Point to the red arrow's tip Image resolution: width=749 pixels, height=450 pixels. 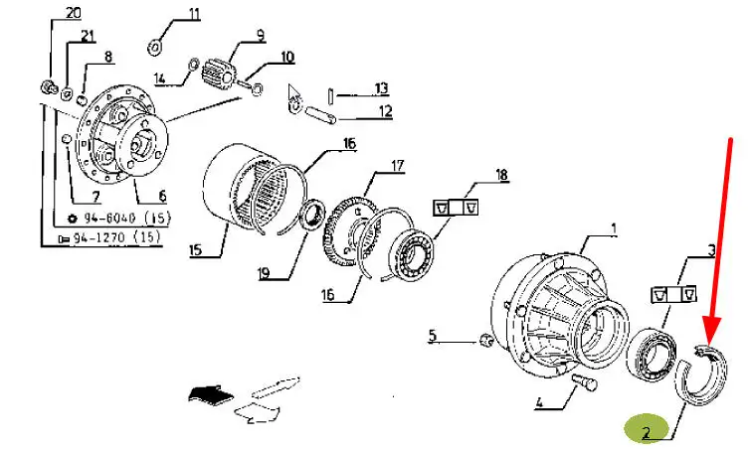[709, 345]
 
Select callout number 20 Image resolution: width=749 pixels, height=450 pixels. [73, 12]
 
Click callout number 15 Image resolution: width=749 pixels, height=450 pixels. [196, 249]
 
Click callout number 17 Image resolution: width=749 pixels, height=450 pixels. [398, 166]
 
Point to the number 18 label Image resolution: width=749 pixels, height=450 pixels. [501, 175]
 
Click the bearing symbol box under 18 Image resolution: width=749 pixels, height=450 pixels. [456, 208]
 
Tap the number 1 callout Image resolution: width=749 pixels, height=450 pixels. [614, 229]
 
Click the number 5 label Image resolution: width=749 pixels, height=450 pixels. [432, 335]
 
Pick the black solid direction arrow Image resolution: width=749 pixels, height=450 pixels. [210, 393]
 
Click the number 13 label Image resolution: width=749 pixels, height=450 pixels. [381, 88]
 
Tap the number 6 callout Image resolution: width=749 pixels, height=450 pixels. [162, 195]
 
